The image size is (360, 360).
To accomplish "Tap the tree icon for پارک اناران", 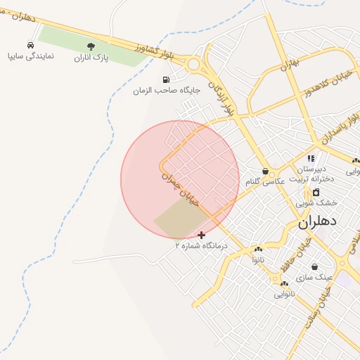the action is click(x=91, y=46).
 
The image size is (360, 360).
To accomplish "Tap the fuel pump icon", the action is click(x=166, y=79).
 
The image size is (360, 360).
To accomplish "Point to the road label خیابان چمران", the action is click(x=181, y=188).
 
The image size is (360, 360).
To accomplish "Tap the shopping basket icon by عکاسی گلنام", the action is click(x=265, y=171).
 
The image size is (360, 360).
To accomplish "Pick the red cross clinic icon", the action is click(x=202, y=235).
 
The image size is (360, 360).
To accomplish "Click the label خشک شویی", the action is click(x=316, y=202).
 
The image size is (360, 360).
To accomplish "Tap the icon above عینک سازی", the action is click(x=314, y=267).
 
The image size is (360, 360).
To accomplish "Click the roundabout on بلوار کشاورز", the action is click(x=194, y=65).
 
